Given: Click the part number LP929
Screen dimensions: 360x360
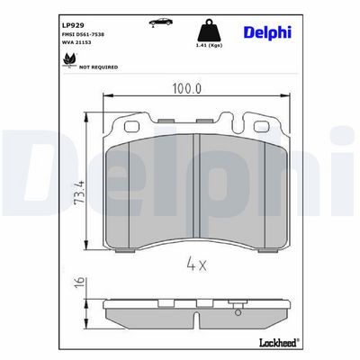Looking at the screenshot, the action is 70,26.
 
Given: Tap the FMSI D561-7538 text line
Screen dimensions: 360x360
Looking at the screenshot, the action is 83,34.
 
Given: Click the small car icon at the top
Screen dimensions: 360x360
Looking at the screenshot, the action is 161,22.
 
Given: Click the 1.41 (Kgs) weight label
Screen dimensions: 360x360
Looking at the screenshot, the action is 209,45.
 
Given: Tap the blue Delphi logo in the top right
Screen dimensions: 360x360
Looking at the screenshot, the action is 267,32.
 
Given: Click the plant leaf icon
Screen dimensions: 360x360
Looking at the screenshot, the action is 69,59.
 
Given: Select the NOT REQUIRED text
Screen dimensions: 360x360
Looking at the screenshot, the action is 98,67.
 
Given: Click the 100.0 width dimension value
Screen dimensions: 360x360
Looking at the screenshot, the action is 186,89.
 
